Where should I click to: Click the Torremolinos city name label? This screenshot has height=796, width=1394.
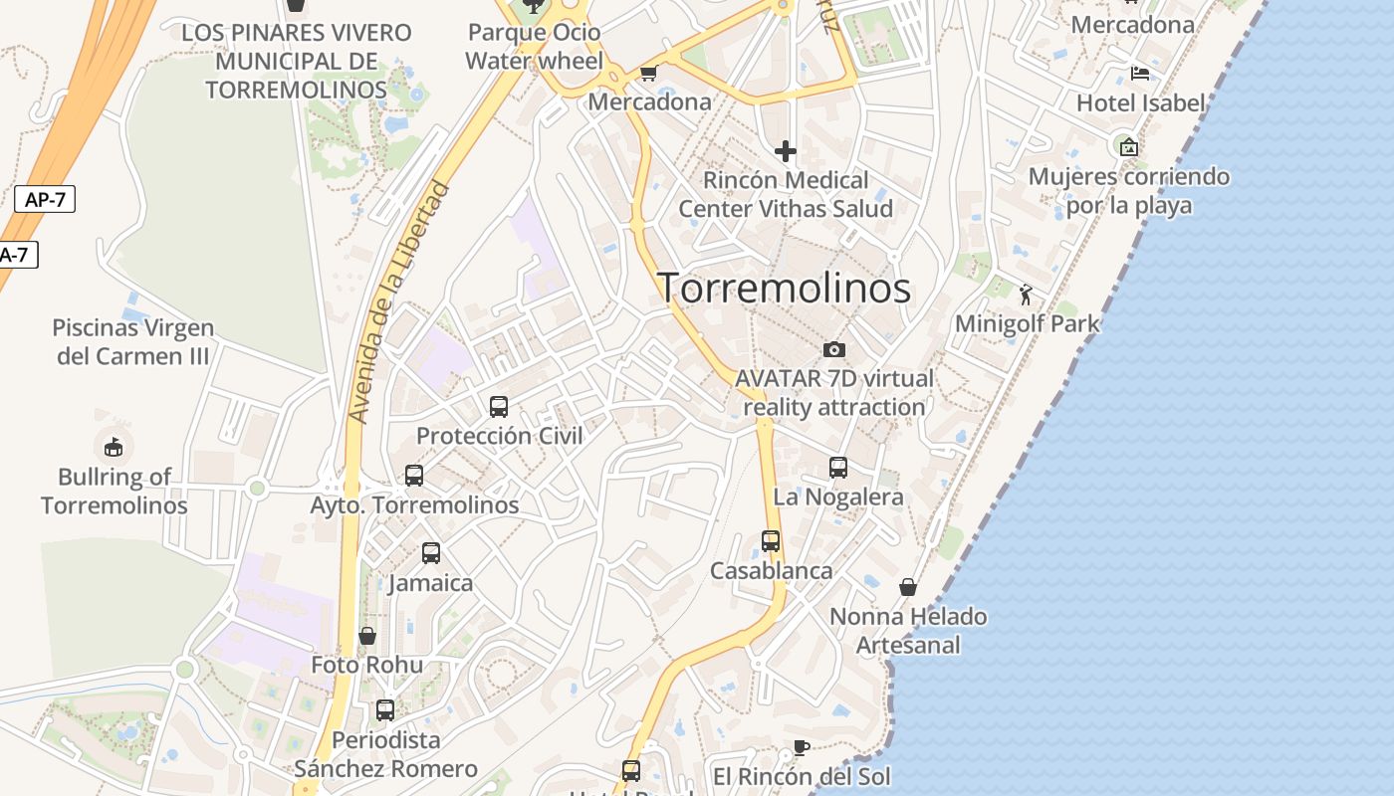784,288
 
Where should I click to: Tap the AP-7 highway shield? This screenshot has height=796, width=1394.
45,199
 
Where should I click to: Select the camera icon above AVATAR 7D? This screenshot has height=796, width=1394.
834,349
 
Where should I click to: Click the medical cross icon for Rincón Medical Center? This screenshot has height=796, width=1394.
786,151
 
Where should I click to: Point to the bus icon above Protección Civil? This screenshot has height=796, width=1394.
499,407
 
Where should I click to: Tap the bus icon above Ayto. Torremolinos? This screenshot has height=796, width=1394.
414,476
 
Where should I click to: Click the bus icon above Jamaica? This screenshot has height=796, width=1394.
431,553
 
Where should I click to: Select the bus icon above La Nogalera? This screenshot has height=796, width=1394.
838,468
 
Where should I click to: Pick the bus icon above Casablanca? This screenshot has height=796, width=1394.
771,541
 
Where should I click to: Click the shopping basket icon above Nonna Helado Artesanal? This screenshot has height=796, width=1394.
908,587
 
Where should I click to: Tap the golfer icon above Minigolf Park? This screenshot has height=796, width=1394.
1027,295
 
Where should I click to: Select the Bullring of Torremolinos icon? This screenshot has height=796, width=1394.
114,447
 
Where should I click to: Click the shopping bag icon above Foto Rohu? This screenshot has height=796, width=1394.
367,635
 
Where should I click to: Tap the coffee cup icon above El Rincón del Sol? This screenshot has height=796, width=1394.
802,747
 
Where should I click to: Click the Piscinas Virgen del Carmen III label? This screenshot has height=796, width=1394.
133,341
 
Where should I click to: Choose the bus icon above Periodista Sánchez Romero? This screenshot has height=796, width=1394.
385,710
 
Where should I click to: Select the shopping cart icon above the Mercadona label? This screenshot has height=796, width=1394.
649,73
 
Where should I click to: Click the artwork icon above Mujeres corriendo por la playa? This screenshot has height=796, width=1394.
1129,147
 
